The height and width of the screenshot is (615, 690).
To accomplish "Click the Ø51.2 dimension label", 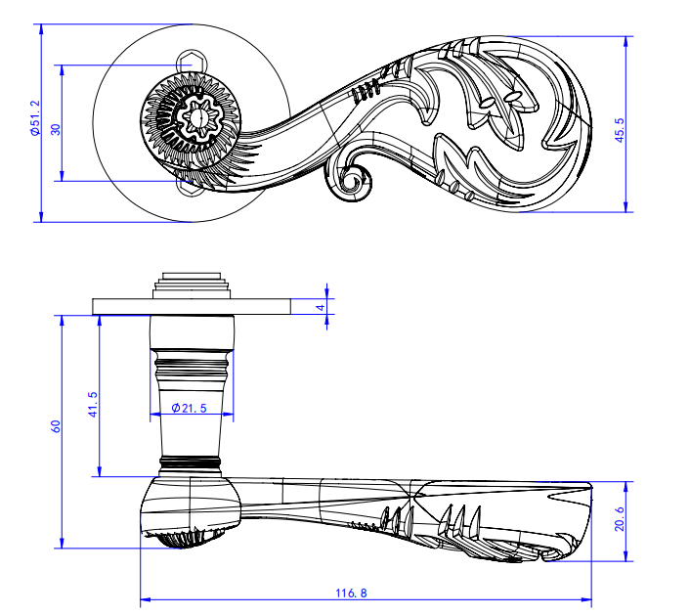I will pos(35,117).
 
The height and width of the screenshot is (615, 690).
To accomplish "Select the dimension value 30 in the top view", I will pos(56,128).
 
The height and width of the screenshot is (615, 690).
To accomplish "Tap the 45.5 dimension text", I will pos(619,130).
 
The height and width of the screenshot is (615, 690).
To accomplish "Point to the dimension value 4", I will pos(319,307).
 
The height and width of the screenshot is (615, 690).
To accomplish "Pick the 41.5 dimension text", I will pos(93,403).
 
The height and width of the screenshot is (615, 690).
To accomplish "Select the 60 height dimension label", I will pos(56,426).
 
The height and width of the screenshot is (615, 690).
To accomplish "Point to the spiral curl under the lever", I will pos(353,180).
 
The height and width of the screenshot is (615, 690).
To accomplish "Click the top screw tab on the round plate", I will pos(193,58).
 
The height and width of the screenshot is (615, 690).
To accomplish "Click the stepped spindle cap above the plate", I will pos(192,284).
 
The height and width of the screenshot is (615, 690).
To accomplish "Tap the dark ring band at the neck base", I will pos(193,460).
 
